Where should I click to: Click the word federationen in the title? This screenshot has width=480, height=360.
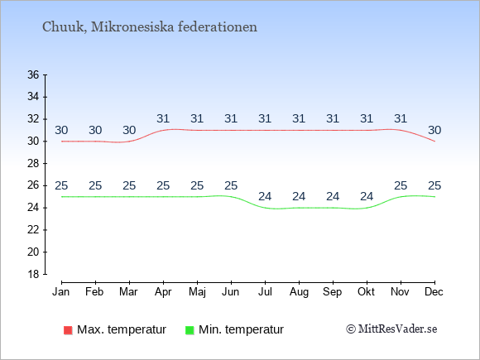(x=218, y=26)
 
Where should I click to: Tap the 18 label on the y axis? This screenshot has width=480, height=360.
(x=33, y=274)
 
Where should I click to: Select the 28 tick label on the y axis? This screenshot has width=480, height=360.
(x=33, y=163)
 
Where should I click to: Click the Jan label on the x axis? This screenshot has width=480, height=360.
(x=61, y=292)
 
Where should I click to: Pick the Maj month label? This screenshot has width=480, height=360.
(x=197, y=292)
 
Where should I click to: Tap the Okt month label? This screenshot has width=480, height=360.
(x=366, y=292)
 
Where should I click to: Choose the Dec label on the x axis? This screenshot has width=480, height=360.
(x=434, y=292)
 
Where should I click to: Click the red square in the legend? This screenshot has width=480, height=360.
(x=68, y=330)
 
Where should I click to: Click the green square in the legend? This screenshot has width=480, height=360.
(x=190, y=330)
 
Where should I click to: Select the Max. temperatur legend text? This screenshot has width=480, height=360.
(x=122, y=329)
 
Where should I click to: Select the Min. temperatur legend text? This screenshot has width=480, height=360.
(x=241, y=329)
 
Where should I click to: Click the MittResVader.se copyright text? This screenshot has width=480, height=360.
(x=391, y=329)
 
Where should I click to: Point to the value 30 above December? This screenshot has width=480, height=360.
(x=434, y=131)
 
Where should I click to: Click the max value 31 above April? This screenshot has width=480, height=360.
(x=163, y=118)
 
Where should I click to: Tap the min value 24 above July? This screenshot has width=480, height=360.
(x=265, y=196)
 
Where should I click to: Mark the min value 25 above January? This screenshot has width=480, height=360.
(x=61, y=185)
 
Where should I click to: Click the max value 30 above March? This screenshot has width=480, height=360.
(x=129, y=131)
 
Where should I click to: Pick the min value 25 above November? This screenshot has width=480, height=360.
(x=401, y=185)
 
